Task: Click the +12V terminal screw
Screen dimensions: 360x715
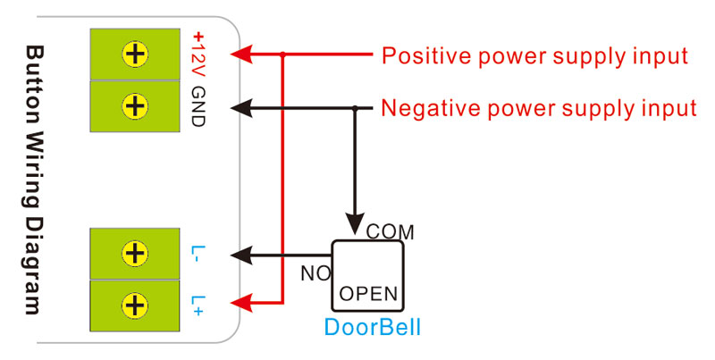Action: coord(135,54)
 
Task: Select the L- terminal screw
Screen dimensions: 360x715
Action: coord(135,255)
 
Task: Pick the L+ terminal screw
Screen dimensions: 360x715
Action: coord(135,305)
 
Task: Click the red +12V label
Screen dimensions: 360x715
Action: coord(198,54)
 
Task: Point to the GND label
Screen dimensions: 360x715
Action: coord(198,106)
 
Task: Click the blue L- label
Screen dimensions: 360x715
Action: coord(198,255)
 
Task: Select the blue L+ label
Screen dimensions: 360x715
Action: coord(198,305)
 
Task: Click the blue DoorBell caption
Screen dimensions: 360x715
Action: coord(371,328)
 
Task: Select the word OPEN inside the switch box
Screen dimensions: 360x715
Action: coord(369,293)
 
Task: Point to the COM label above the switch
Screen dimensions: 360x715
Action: coord(391,231)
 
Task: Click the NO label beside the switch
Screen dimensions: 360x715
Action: coord(315,273)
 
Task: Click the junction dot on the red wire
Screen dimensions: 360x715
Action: coord(282,54)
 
